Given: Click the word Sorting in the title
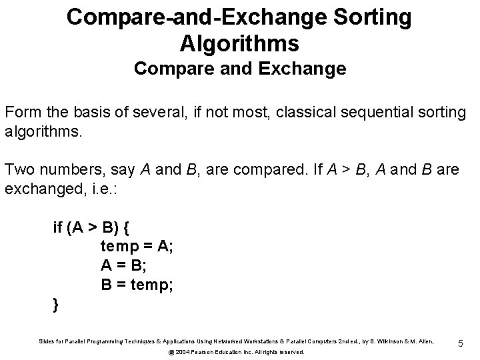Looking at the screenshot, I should pyautogui.click(x=370, y=18).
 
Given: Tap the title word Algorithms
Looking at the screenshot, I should pyautogui.click(x=239, y=44).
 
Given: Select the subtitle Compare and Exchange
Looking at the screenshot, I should pyautogui.click(x=240, y=69).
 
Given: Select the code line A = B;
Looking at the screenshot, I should pyautogui.click(x=124, y=266).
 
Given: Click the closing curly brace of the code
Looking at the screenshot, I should pyautogui.click(x=55, y=304).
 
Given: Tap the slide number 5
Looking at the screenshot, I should pyautogui.click(x=461, y=343).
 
